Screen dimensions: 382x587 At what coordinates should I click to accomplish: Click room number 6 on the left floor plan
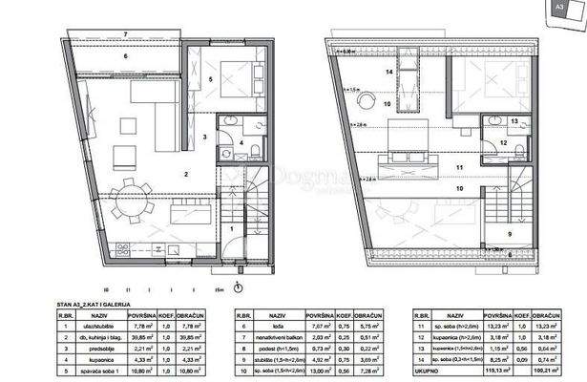click(x=126, y=55)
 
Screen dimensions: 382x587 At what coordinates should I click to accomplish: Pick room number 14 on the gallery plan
click(x=389, y=71)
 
